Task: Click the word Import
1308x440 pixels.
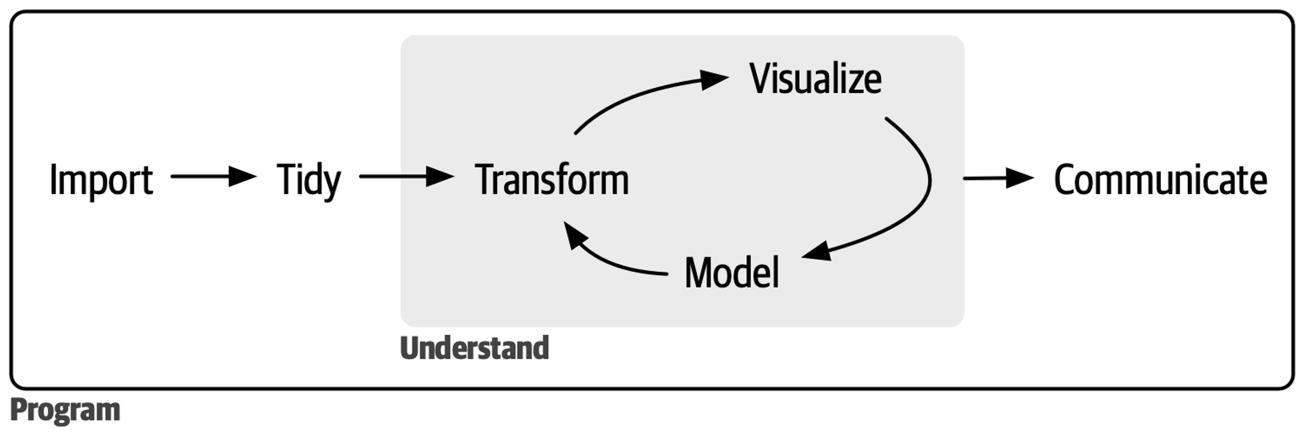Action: [x=101, y=180]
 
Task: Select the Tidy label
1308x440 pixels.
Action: [x=309, y=180]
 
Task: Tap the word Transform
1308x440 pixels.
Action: [x=552, y=180]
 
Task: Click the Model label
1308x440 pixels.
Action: [x=731, y=273]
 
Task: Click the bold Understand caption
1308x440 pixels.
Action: [x=474, y=348]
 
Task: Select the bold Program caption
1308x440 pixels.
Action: [x=65, y=410]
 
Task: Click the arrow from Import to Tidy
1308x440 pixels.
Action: [x=213, y=176]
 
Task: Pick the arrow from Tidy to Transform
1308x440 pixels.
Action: [x=406, y=176]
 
